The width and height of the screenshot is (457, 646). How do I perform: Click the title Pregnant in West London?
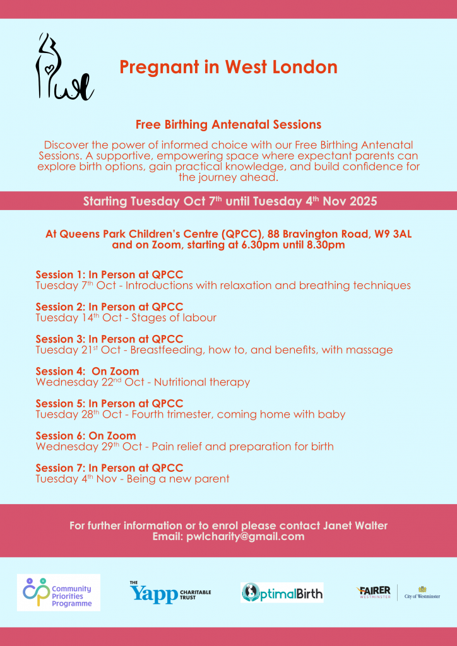coord(228,67)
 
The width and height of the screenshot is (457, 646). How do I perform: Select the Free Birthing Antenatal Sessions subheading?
coord(228,124)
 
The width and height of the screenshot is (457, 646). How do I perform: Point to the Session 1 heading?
coord(109,274)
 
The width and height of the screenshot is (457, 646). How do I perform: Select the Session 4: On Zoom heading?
coord(87,371)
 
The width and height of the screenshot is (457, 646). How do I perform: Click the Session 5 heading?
coord(109,403)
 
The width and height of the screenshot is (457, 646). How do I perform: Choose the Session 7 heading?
coord(109,467)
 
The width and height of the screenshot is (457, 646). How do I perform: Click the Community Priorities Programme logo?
coord(58,592)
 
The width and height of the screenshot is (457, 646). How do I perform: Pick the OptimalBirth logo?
coord(282,592)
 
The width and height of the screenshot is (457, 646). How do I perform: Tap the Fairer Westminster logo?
coord(374,592)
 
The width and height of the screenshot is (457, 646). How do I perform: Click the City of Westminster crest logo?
coord(422,592)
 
